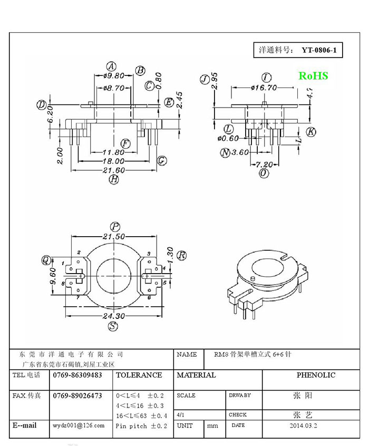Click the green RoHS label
coord(313,76)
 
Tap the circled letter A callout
coord(111,66)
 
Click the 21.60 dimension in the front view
coord(114,170)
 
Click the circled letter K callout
coord(311,132)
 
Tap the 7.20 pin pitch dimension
coord(264,164)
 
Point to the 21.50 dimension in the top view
coord(113,237)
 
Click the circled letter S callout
coord(113,326)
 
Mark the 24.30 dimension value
coord(113,316)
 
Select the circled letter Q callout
coord(46,260)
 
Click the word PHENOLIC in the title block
coord(315,375)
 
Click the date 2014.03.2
coord(304,425)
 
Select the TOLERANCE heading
coord(139,375)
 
